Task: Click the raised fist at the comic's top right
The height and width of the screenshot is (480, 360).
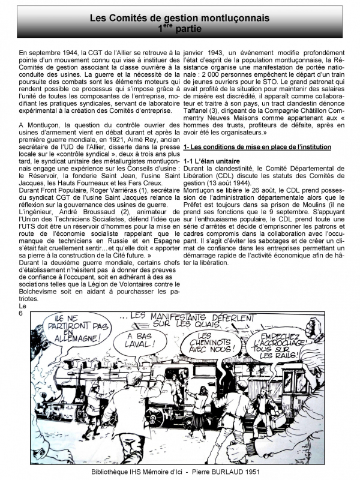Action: click(312, 326)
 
